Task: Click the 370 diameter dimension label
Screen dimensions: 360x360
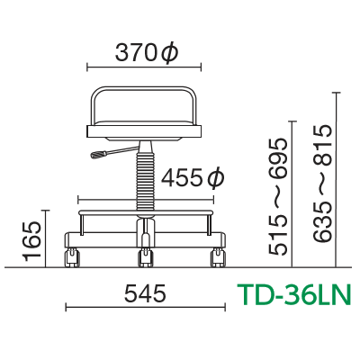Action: pyautogui.click(x=147, y=54)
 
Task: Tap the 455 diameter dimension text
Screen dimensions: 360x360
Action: pyautogui.click(x=193, y=179)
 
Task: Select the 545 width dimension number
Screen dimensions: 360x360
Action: pyautogui.click(x=145, y=293)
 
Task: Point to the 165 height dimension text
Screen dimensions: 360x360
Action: pyautogui.click(x=32, y=241)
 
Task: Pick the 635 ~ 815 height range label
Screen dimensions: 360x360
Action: pyautogui.click(x=323, y=184)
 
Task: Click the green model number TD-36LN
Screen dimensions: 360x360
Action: pyautogui.click(x=294, y=294)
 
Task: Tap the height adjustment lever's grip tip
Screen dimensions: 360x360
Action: pyautogui.click(x=98, y=155)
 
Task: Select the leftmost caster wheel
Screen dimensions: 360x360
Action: pyautogui.click(x=72, y=257)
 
